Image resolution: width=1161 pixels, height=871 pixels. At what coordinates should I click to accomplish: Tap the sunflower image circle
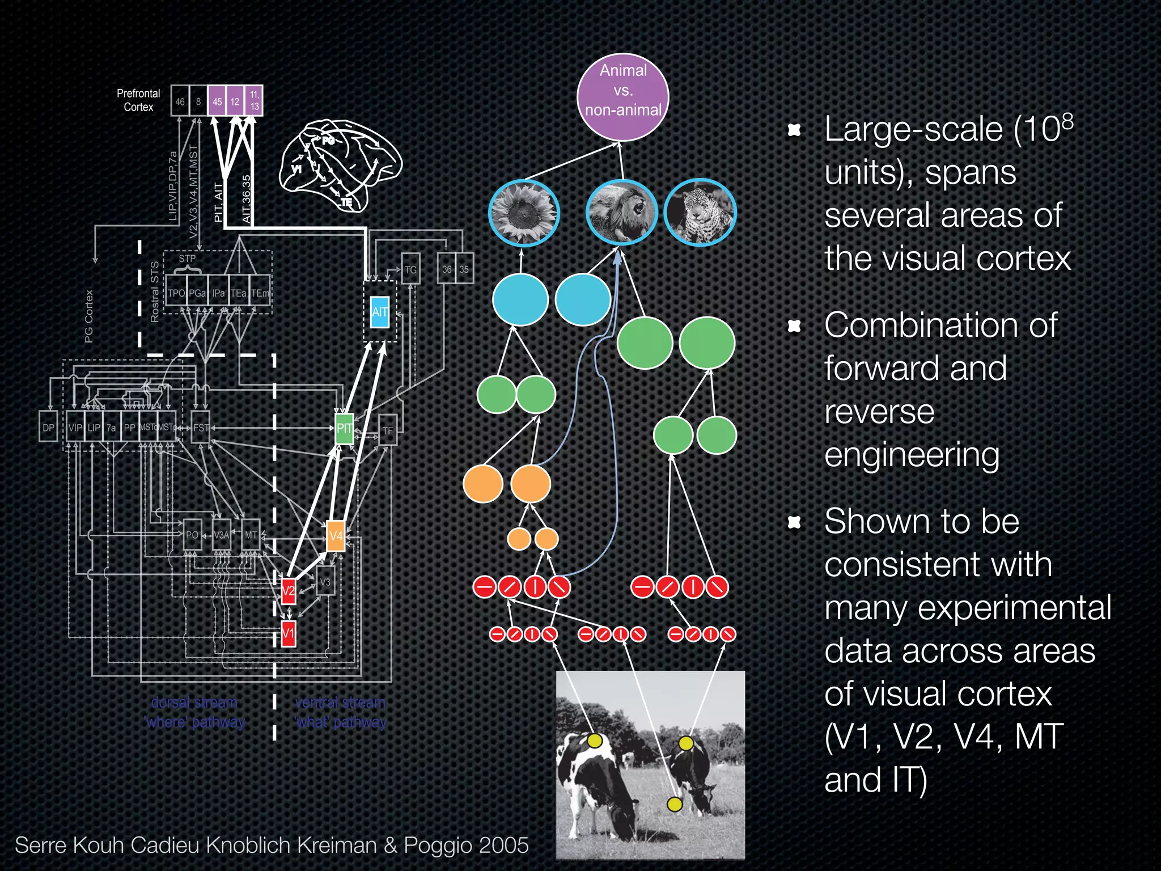[523, 213]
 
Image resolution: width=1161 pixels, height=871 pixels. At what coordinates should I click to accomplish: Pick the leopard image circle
[700, 213]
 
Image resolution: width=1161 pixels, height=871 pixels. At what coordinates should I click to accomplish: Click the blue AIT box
[379, 312]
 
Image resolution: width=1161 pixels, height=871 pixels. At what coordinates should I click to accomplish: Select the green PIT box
[344, 428]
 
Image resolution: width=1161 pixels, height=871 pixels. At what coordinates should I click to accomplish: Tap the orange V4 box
[336, 536]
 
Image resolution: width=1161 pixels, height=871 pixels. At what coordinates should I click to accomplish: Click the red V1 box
[289, 633]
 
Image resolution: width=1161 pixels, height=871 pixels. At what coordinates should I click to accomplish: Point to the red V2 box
[289, 590]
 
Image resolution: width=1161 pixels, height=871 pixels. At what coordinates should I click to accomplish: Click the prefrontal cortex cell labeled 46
[180, 102]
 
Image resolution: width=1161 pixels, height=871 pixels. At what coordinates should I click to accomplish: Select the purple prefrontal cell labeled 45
[217, 102]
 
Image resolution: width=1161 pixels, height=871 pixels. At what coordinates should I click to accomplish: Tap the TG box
[410, 269]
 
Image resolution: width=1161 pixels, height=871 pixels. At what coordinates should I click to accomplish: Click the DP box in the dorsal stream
[48, 428]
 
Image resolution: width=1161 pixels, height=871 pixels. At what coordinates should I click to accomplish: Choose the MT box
[251, 535]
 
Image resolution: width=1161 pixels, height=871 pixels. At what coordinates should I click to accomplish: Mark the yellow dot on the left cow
[595, 741]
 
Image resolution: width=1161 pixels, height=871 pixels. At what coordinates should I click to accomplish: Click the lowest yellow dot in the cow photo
[674, 804]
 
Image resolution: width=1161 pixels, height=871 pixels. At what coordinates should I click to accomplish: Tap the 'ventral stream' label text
[340, 703]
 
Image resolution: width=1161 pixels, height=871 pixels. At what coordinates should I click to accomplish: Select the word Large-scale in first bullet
[913, 129]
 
